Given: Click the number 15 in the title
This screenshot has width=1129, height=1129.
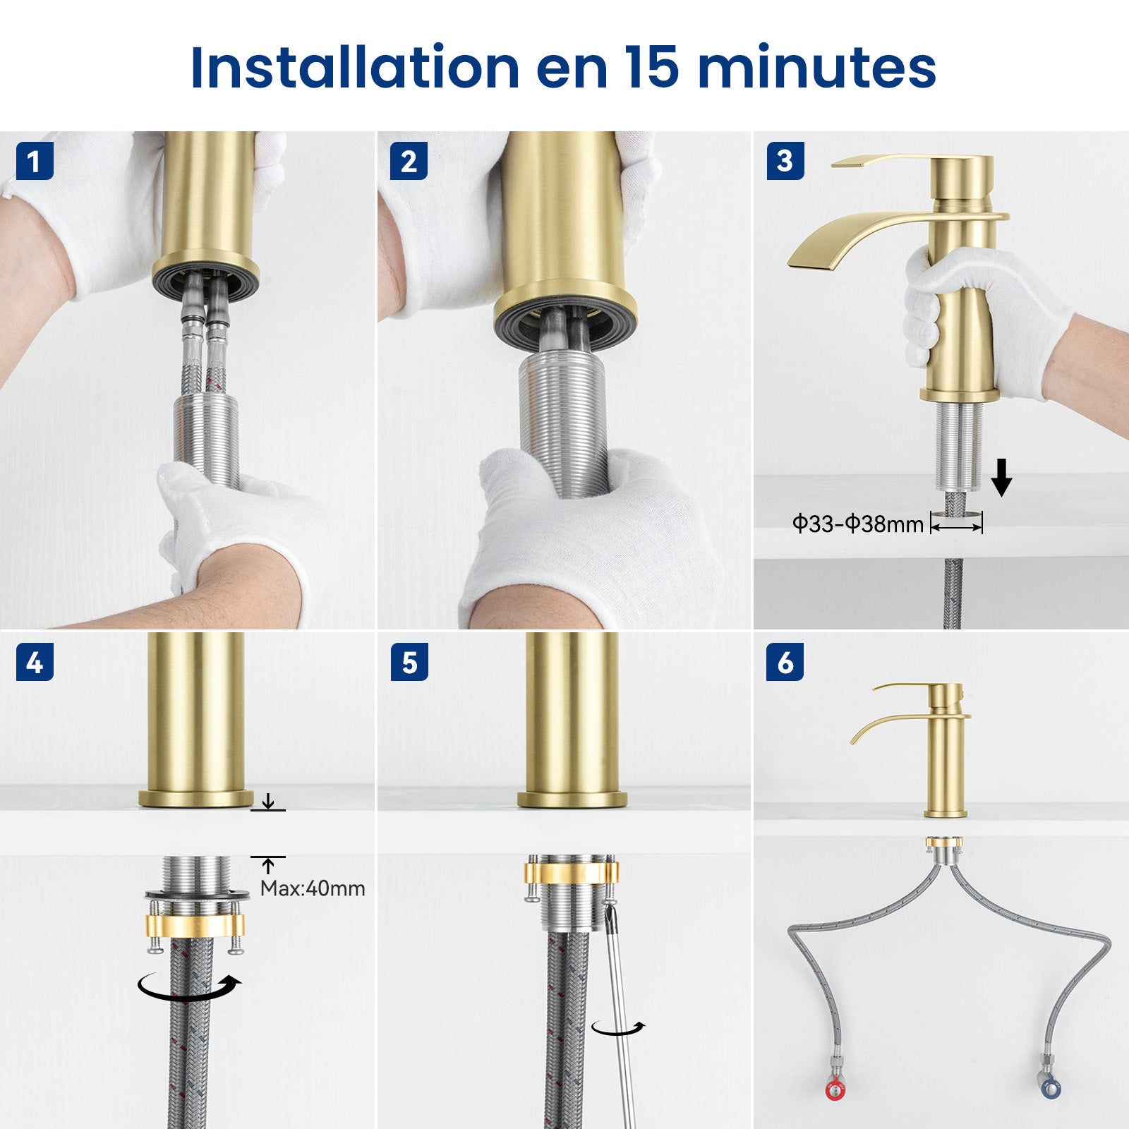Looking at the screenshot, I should coord(651,68).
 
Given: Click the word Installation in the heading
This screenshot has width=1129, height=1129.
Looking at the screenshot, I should coord(355,68).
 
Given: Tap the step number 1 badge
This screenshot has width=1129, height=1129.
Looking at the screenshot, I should coord(35,161).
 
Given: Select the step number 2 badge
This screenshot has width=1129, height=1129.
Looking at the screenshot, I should coord(409,161).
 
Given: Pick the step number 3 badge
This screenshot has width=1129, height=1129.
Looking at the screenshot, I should coord(785,161).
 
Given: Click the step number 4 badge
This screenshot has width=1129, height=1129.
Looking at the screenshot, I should coord(35,663).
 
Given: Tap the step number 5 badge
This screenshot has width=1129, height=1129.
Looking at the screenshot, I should coord(409,663).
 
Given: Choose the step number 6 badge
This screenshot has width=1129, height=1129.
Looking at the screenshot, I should coord(785,663).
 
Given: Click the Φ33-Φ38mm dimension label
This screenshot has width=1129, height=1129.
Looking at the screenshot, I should coord(857,524).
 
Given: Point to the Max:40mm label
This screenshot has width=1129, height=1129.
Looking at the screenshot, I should coord(313,888).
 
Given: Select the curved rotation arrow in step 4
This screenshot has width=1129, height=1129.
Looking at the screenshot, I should coord(189,986).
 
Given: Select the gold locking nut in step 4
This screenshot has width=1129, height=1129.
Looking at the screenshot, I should coord(195,924).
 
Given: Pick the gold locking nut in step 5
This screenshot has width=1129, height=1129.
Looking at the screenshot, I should coord(571,873).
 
